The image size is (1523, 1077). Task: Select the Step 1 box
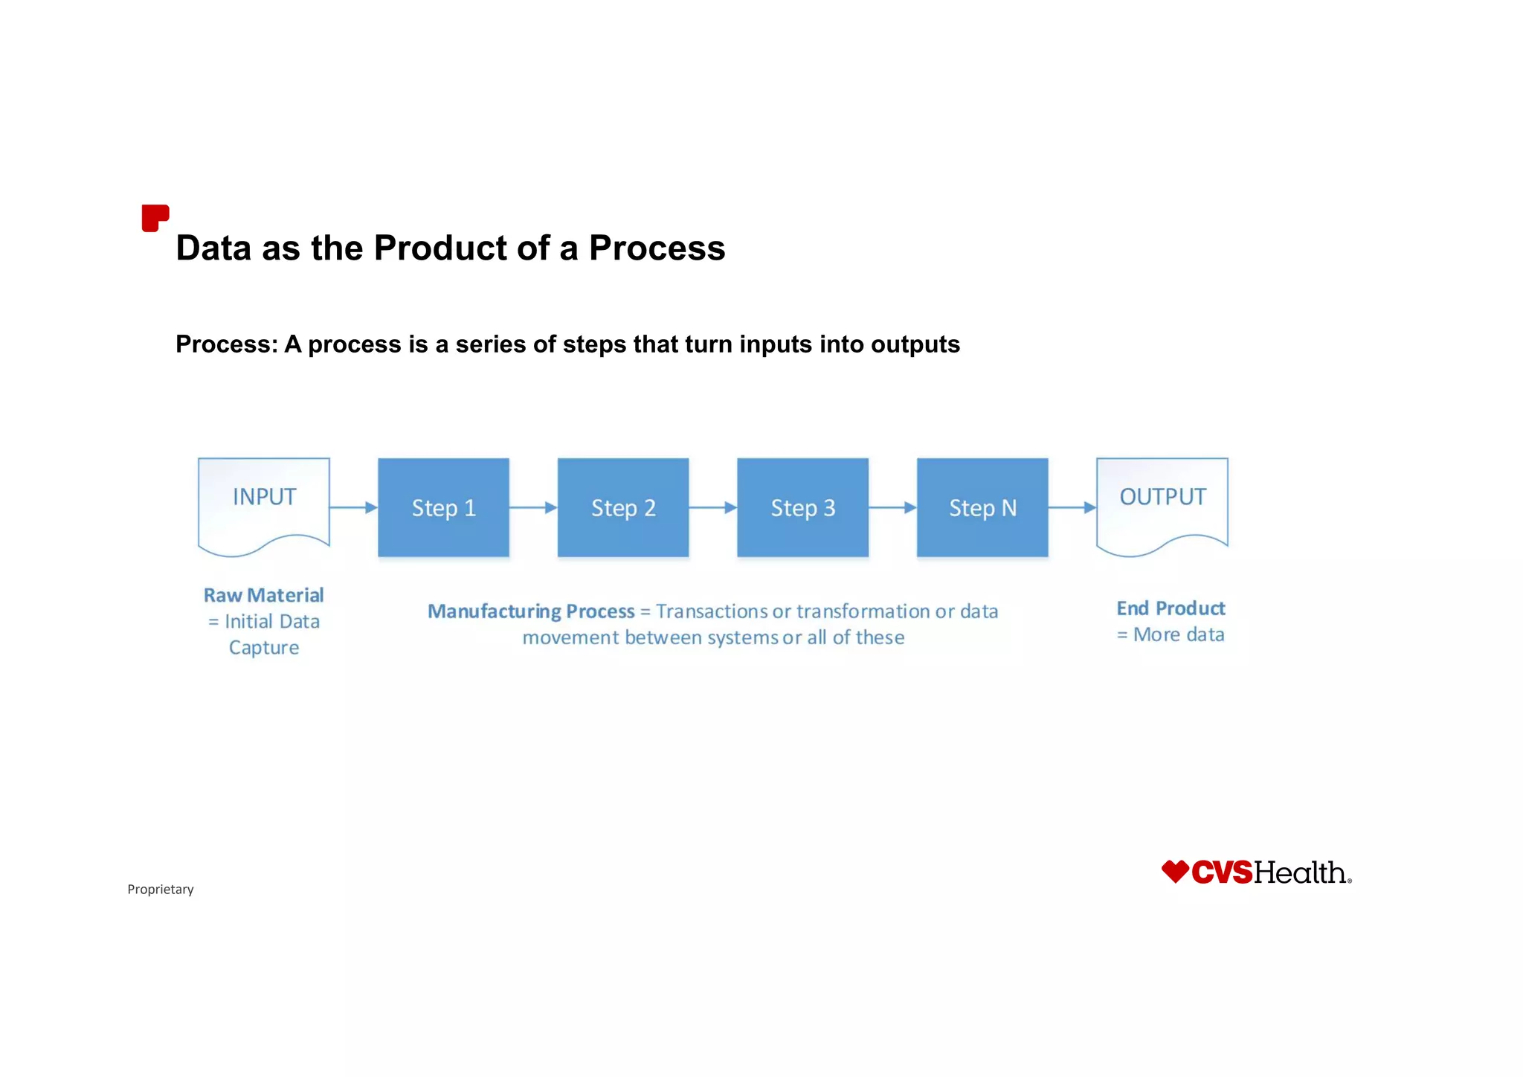[x=443, y=507]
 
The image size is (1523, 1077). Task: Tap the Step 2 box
[x=623, y=507]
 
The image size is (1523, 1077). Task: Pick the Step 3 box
[x=802, y=507]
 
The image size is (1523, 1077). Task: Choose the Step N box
[x=982, y=507]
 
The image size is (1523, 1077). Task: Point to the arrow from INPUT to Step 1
[x=354, y=507]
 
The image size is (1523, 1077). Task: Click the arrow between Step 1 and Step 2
[x=533, y=507]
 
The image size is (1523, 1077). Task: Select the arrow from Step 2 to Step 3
[x=713, y=507]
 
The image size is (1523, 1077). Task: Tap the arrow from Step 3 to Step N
[x=892, y=507]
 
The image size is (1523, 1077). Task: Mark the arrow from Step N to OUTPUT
[x=1072, y=507]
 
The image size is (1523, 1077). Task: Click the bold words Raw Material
[x=264, y=595]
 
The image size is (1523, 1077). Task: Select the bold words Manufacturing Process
[x=531, y=611]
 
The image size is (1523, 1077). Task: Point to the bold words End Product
[x=1171, y=608]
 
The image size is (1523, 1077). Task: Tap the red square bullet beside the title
[x=155, y=218]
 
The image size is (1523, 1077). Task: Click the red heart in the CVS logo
[x=1175, y=871]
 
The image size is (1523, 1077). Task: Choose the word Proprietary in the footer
[x=161, y=890]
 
